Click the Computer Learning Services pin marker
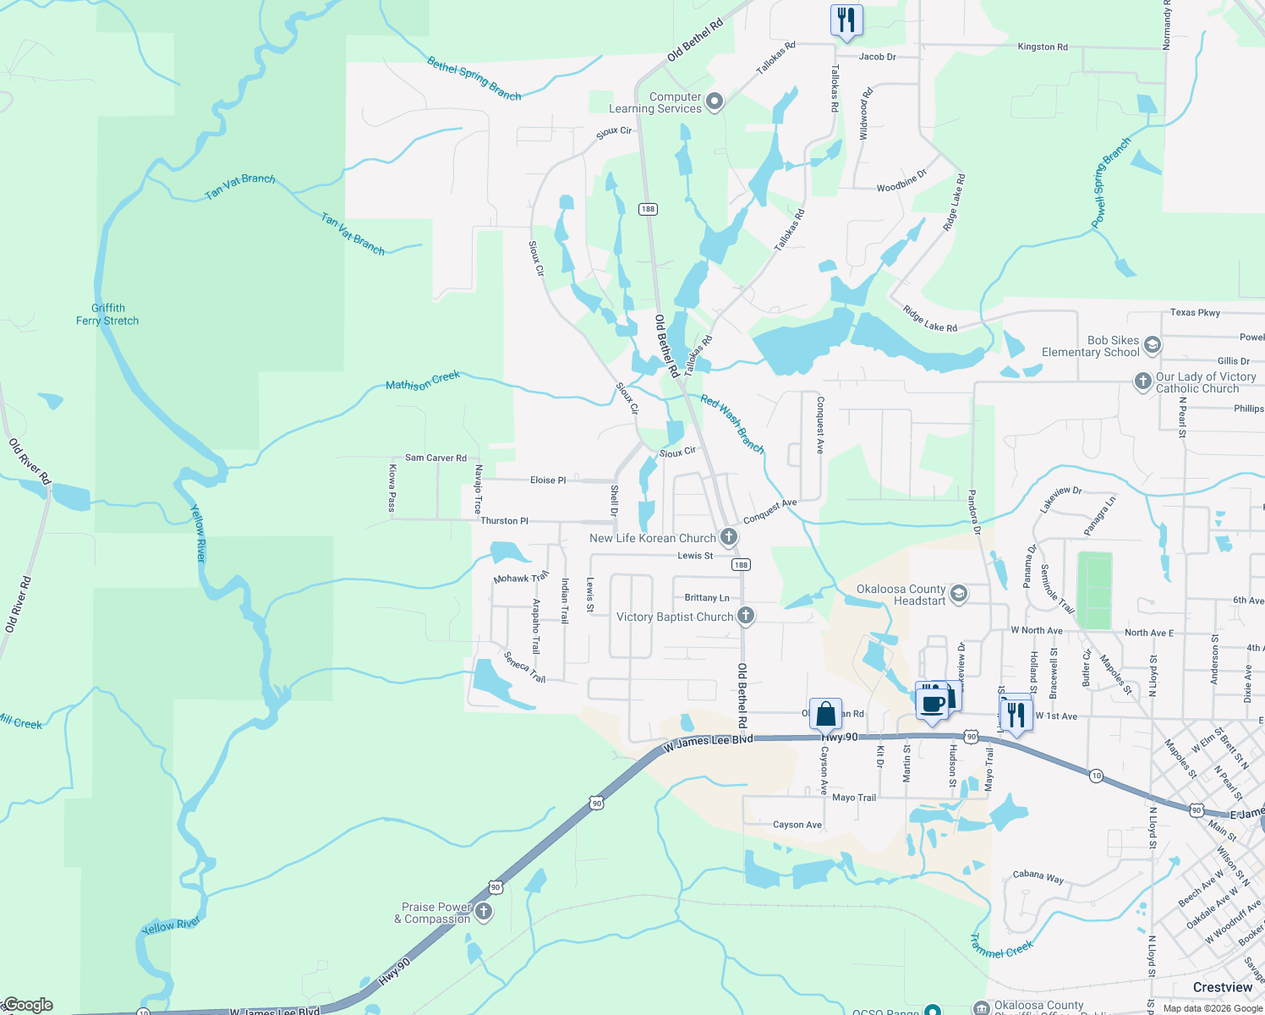click(x=715, y=102)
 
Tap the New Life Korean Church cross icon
click(x=728, y=537)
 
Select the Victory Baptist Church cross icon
click(x=745, y=616)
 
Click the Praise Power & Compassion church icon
click(x=484, y=911)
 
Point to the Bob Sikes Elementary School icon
click(x=1152, y=345)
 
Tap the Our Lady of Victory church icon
click(x=1143, y=381)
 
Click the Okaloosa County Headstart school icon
click(x=959, y=594)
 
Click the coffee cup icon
click(x=933, y=704)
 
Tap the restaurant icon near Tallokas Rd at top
click(x=846, y=19)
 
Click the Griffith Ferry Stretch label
click(x=107, y=315)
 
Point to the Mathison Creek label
click(x=423, y=381)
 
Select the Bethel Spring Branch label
click(x=474, y=78)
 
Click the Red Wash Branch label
click(x=732, y=423)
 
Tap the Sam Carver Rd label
click(x=435, y=458)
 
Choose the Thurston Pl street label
click(x=504, y=521)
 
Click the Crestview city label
click(x=1222, y=987)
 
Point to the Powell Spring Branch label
click(x=1110, y=182)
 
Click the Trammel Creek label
click(x=1002, y=946)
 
